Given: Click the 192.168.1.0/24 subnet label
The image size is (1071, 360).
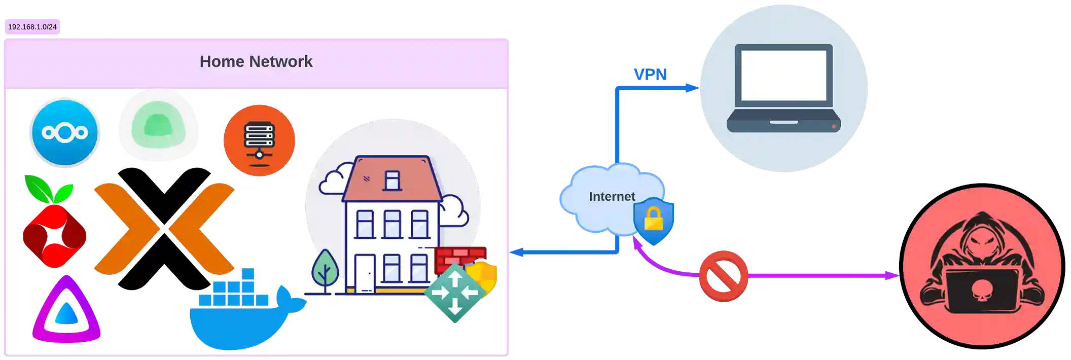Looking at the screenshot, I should tap(32, 27).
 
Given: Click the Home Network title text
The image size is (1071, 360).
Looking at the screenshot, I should tap(256, 61).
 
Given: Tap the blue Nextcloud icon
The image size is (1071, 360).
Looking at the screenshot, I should tap(65, 132).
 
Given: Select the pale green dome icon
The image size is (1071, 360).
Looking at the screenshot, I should tap(158, 126).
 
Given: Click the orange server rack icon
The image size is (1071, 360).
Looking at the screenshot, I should tap(259, 140).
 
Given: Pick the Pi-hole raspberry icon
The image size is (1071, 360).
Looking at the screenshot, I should tap(53, 228).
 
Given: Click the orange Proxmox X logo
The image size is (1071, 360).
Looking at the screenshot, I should tap(164, 229).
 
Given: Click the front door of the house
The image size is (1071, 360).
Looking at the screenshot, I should tap(364, 274).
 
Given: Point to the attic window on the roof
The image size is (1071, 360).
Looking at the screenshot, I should tap(392, 181).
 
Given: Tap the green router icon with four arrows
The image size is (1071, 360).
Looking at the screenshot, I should tap(454, 293).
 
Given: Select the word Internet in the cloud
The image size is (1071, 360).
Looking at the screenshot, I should tap(612, 197).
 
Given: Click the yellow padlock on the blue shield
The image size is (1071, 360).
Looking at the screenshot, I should tap(654, 220).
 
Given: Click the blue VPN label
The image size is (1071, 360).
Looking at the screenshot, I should tap(651, 74).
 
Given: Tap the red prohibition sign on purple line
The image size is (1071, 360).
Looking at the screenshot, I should tap(724, 276).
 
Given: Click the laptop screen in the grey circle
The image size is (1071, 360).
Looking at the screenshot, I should tap(783, 75).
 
